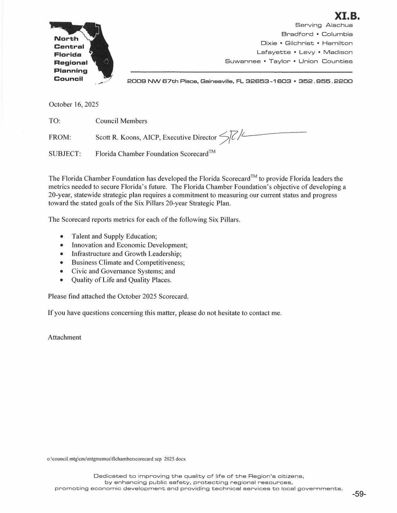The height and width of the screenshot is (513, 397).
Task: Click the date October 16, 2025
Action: [73, 104]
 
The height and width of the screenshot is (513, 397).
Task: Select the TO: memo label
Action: [54, 121]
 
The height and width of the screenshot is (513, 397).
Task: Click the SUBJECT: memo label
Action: [65, 154]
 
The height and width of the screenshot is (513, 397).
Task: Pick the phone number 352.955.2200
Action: [325, 81]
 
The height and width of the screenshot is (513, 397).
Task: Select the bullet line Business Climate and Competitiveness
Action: [128, 262]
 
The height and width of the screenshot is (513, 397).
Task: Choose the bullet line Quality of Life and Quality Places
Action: [121, 280]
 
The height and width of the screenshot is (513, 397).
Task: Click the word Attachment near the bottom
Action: [64, 337]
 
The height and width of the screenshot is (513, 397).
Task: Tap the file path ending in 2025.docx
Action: [116, 459]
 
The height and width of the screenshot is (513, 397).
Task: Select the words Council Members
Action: [121, 121]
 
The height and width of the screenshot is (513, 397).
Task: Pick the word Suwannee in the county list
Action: [243, 61]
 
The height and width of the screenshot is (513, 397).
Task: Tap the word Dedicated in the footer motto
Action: [110, 476]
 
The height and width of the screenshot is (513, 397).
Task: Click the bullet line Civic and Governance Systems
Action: [123, 271]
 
